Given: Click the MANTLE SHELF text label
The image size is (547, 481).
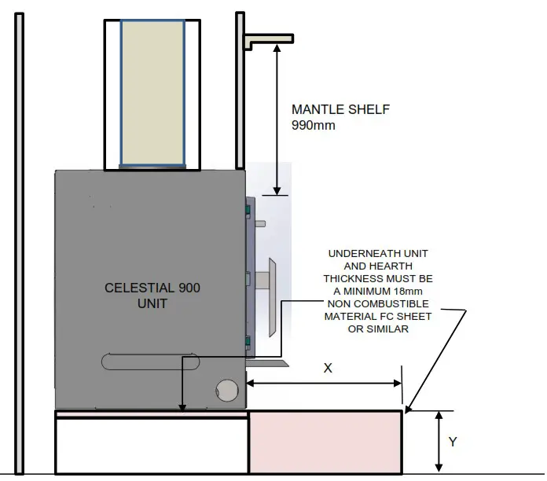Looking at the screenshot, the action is pos(340,109).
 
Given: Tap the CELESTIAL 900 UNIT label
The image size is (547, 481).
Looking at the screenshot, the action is pos(152,296).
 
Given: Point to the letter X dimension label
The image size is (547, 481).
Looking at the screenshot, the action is pos(327,367).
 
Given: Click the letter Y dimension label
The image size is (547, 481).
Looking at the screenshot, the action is pos(453,442).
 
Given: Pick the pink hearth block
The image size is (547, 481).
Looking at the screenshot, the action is pos(325,442).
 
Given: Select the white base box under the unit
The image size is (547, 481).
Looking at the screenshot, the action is pos(151,446).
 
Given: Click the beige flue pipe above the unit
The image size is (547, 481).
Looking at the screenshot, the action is pos(152,93).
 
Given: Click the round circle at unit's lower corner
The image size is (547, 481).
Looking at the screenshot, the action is pos(226,391).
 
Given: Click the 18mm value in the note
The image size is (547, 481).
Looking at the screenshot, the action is pos(413,292).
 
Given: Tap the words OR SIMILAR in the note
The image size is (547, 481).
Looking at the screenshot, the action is pos(379,329).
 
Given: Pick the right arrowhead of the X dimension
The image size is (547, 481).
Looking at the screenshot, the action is pos(398,384).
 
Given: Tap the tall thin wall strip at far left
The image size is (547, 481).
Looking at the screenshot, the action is pos(19,244).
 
